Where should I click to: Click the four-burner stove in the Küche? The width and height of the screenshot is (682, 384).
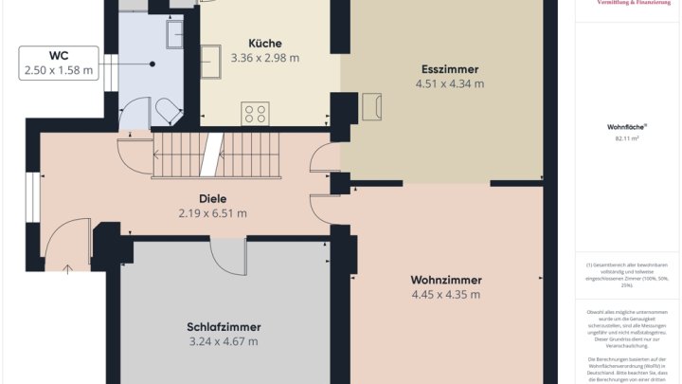click(256, 114)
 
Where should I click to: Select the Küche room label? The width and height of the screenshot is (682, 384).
click(264, 43)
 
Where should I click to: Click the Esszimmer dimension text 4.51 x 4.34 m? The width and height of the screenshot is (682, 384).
click(449, 83)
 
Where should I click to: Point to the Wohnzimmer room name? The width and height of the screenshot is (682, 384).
click(446, 280)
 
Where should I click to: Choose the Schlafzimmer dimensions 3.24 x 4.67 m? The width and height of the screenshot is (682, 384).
click(223, 341)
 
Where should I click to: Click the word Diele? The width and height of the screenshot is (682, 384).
click(212, 198)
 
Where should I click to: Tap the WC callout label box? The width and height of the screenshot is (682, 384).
click(58, 63)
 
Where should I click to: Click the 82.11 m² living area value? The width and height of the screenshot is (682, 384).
click(626, 138)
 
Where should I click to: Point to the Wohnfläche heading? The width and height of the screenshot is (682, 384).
click(626, 126)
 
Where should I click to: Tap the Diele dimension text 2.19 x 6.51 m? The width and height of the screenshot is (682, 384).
click(212, 213)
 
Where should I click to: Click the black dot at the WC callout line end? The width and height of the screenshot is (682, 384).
click(152, 64)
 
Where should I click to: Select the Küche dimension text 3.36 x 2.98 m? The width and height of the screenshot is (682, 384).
click(264, 58)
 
